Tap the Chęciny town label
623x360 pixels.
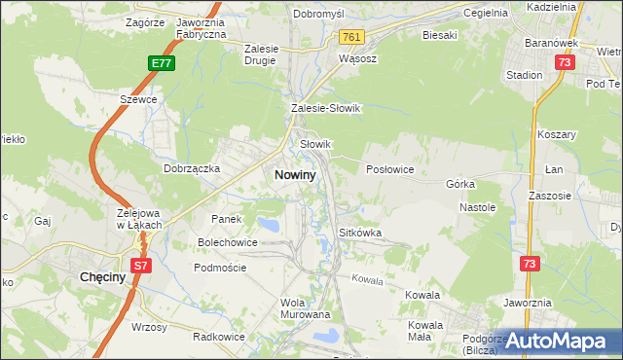point(99,277)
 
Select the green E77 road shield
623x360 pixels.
point(162,63)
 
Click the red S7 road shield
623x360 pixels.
point(141,264)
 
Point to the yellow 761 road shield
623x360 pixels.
point(352,37)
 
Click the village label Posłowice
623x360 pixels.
point(389,169)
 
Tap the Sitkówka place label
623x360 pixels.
point(359,234)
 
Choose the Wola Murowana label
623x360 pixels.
point(306,308)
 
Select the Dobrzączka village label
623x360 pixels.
point(192,167)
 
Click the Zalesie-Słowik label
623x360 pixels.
point(325,109)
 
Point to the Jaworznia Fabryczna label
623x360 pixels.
point(202,27)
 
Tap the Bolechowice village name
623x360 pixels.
point(228,241)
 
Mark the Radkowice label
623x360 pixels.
point(217,337)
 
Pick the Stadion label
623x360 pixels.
point(525,74)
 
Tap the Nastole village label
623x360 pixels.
point(478,207)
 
